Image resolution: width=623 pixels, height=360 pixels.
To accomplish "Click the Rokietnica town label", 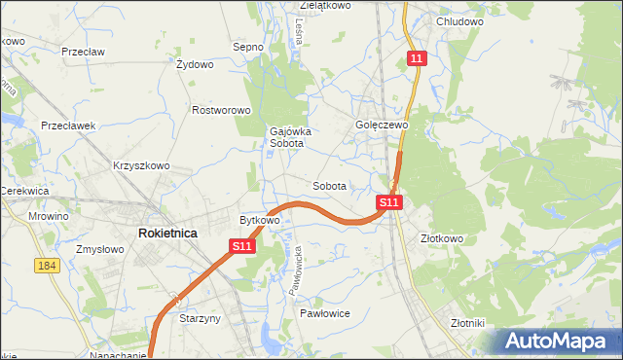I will pyautogui.click(x=168, y=234).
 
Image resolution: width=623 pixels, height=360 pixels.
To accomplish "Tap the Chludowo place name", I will pyautogui.click(x=460, y=21).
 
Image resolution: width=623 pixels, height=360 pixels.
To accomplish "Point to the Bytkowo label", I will pyautogui.click(x=260, y=221).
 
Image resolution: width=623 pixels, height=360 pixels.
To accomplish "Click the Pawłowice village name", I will pyautogui.click(x=324, y=313).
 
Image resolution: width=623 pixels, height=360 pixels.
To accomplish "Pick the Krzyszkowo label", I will pyautogui.click(x=141, y=165).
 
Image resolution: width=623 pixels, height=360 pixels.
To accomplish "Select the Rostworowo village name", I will pyautogui.click(x=222, y=111).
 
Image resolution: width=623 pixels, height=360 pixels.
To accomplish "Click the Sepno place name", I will pyautogui.click(x=248, y=46).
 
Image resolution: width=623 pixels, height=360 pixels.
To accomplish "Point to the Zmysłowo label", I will pyautogui.click(x=99, y=250).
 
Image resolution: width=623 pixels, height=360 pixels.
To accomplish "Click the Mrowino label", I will pyautogui.click(x=49, y=216).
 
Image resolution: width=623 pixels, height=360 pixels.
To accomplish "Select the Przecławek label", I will pyautogui.click(x=67, y=126).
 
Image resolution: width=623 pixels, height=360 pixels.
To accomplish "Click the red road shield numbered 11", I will pyautogui.click(x=417, y=59).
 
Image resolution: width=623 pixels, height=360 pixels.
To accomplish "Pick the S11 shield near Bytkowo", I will pyautogui.click(x=243, y=247).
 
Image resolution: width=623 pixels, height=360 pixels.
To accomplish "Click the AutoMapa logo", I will pyautogui.click(x=561, y=342).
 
